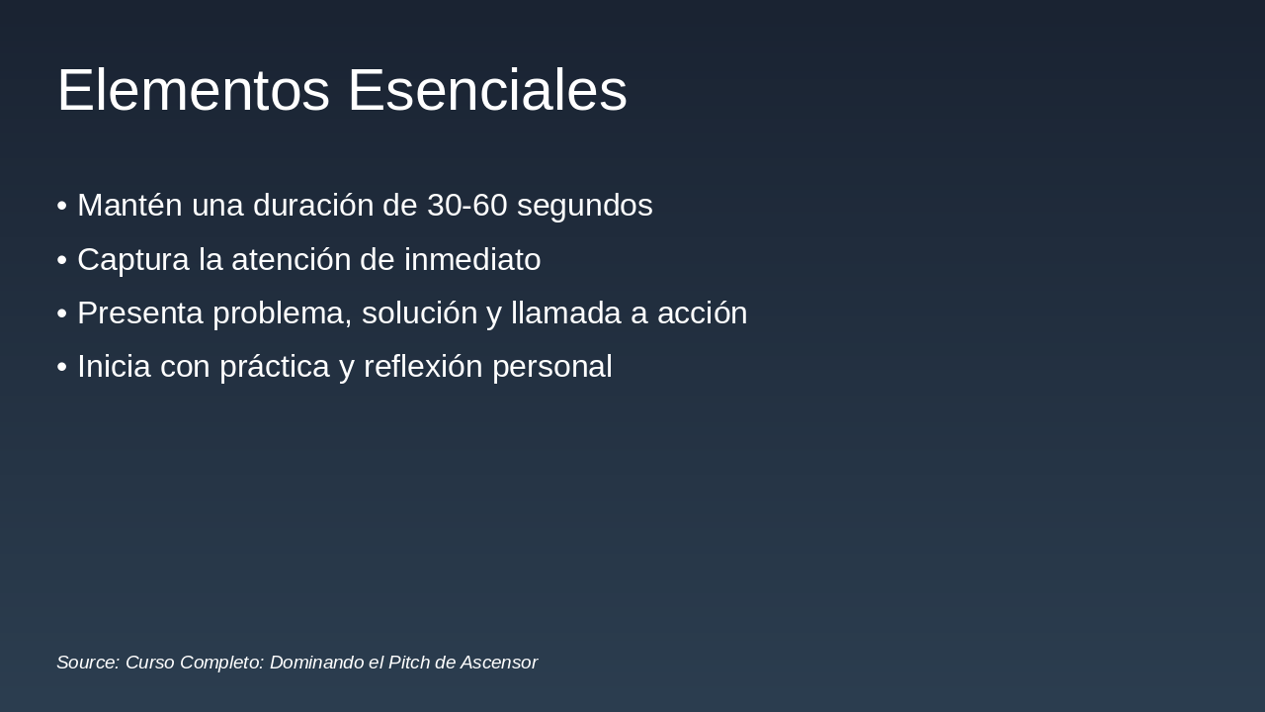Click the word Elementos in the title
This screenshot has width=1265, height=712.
tap(193, 91)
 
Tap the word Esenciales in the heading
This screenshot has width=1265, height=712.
tap(487, 91)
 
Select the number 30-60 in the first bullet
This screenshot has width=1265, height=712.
tap(466, 206)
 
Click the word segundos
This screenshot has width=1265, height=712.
tap(584, 206)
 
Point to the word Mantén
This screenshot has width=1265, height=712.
tap(129, 206)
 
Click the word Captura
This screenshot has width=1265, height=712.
tap(133, 260)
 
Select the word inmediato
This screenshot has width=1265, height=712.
tap(472, 260)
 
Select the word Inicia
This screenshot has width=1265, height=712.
tap(115, 367)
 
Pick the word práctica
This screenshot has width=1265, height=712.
tap(275, 367)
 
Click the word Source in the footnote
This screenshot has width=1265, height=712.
tap(88, 663)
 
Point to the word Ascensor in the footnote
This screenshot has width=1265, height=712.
tap(499, 663)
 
